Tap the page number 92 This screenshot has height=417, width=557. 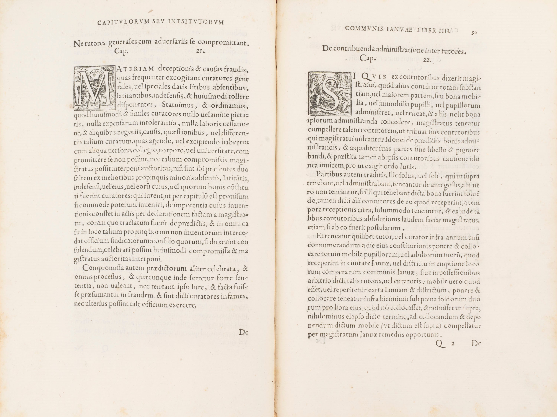tap(474, 33)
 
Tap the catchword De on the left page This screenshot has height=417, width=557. tap(243, 332)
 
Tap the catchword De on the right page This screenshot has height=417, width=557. tap(476, 343)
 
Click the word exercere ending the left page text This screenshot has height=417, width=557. tap(183, 305)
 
